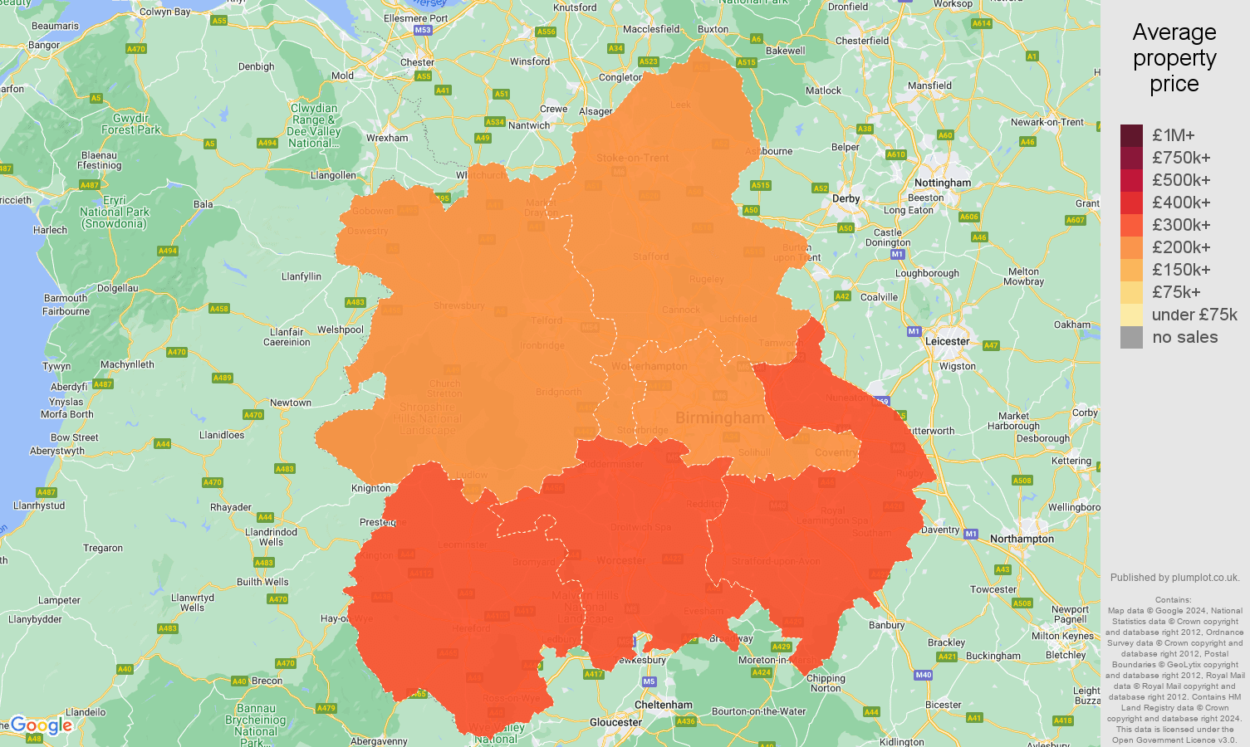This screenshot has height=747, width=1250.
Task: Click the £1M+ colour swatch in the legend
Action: pyautogui.click(x=1131, y=135)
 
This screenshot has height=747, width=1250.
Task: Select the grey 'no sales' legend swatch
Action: pyautogui.click(x=1131, y=337)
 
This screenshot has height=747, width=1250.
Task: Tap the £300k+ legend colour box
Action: pyautogui.click(x=1131, y=225)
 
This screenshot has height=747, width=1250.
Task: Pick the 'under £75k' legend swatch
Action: pyautogui.click(x=1131, y=315)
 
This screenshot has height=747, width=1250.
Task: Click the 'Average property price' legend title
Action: pyautogui.click(x=1174, y=58)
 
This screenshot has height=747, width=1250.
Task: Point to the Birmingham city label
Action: pyautogui.click(x=719, y=417)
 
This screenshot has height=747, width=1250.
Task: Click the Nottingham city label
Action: pyautogui.click(x=942, y=183)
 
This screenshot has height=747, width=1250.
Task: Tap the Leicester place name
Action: pyautogui.click(x=947, y=341)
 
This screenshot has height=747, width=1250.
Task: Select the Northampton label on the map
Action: pyautogui.click(x=1022, y=539)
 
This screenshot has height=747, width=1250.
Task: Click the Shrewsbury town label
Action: pyautogui.click(x=458, y=305)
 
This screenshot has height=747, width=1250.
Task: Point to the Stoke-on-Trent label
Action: pyautogui.click(x=632, y=158)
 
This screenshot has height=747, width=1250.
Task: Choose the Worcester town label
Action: pyautogui.click(x=620, y=560)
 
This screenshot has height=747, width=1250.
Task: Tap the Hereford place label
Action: pyautogui.click(x=471, y=628)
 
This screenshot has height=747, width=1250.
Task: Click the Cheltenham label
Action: pyautogui.click(x=663, y=705)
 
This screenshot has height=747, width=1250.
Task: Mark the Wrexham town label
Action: pyautogui.click(x=387, y=138)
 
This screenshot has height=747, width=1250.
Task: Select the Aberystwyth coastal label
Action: pyautogui.click(x=56, y=451)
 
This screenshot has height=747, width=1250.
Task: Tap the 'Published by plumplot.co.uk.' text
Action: pyautogui.click(x=1174, y=578)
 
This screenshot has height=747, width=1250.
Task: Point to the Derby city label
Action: pyautogui.click(x=846, y=198)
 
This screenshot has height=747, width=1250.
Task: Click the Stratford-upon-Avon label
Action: pyautogui.click(x=776, y=561)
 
